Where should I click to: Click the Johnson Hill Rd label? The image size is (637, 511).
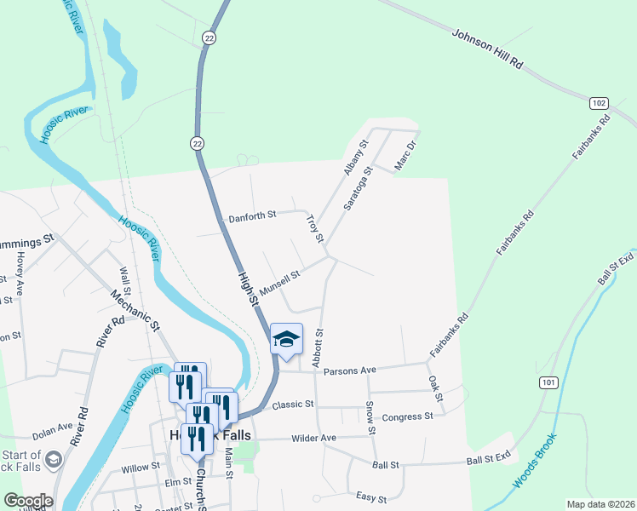click(486, 51)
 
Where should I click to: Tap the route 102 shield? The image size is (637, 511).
click(599, 103)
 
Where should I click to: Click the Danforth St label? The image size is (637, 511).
click(252, 218)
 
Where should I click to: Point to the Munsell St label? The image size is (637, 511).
click(280, 283)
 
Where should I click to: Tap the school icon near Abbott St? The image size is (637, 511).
click(286, 340)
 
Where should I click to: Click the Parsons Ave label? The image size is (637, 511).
click(356, 370)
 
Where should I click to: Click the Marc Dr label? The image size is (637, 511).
click(404, 150)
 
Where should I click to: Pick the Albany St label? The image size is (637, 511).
click(354, 158)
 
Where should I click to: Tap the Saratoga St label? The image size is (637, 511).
click(359, 190)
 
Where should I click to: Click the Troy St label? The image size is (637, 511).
click(315, 227)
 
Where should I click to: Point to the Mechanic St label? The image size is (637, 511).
click(135, 311)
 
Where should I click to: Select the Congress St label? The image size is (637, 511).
click(408, 416)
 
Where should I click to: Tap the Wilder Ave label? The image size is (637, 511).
click(314, 438)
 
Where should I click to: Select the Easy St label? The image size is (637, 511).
click(371, 497)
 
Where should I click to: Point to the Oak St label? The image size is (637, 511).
click(436, 388)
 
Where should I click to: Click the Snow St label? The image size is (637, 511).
click(371, 417)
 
